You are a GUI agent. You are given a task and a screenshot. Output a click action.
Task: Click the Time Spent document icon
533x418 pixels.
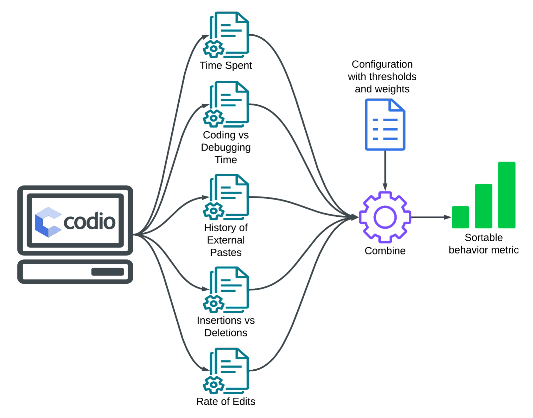pyautogui.click(x=227, y=33)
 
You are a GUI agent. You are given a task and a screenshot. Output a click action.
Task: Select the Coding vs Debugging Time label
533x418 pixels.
pyautogui.click(x=226, y=147)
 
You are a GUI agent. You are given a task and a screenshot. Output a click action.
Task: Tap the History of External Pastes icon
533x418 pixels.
pyautogui.click(x=227, y=197)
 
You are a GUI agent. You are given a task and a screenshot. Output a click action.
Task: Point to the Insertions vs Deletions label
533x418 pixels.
pyautogui.click(x=226, y=326)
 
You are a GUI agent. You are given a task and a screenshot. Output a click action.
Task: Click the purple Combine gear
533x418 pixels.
pyautogui.click(x=385, y=217)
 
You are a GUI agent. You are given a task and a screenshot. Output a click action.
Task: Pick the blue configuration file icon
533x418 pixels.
pyautogui.click(x=385, y=125)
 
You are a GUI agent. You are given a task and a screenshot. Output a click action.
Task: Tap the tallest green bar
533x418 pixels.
pyautogui.click(x=507, y=195)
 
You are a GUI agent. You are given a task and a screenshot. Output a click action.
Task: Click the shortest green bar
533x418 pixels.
pyautogui.click(x=460, y=217)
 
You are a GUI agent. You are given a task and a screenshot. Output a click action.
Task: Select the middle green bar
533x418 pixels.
pyautogui.click(x=483, y=206)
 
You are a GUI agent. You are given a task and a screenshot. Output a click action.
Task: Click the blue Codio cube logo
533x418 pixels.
pyautogui.click(x=48, y=222)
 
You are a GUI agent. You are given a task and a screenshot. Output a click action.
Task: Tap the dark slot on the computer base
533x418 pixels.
pyautogui.click(x=107, y=272)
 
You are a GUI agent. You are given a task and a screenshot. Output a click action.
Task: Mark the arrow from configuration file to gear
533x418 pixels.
pyautogui.click(x=385, y=170)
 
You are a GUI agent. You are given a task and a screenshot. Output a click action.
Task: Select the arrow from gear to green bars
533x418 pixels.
pyautogui.click(x=431, y=217)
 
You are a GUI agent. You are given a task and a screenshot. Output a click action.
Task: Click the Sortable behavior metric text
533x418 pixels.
pyautogui.click(x=483, y=244)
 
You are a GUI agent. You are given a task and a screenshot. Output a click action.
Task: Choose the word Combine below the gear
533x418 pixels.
pyautogui.click(x=385, y=251)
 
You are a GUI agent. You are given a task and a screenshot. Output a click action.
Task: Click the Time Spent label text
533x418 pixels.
pyautogui.click(x=226, y=66)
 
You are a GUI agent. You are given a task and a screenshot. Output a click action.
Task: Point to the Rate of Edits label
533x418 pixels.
pyautogui.click(x=226, y=402)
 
